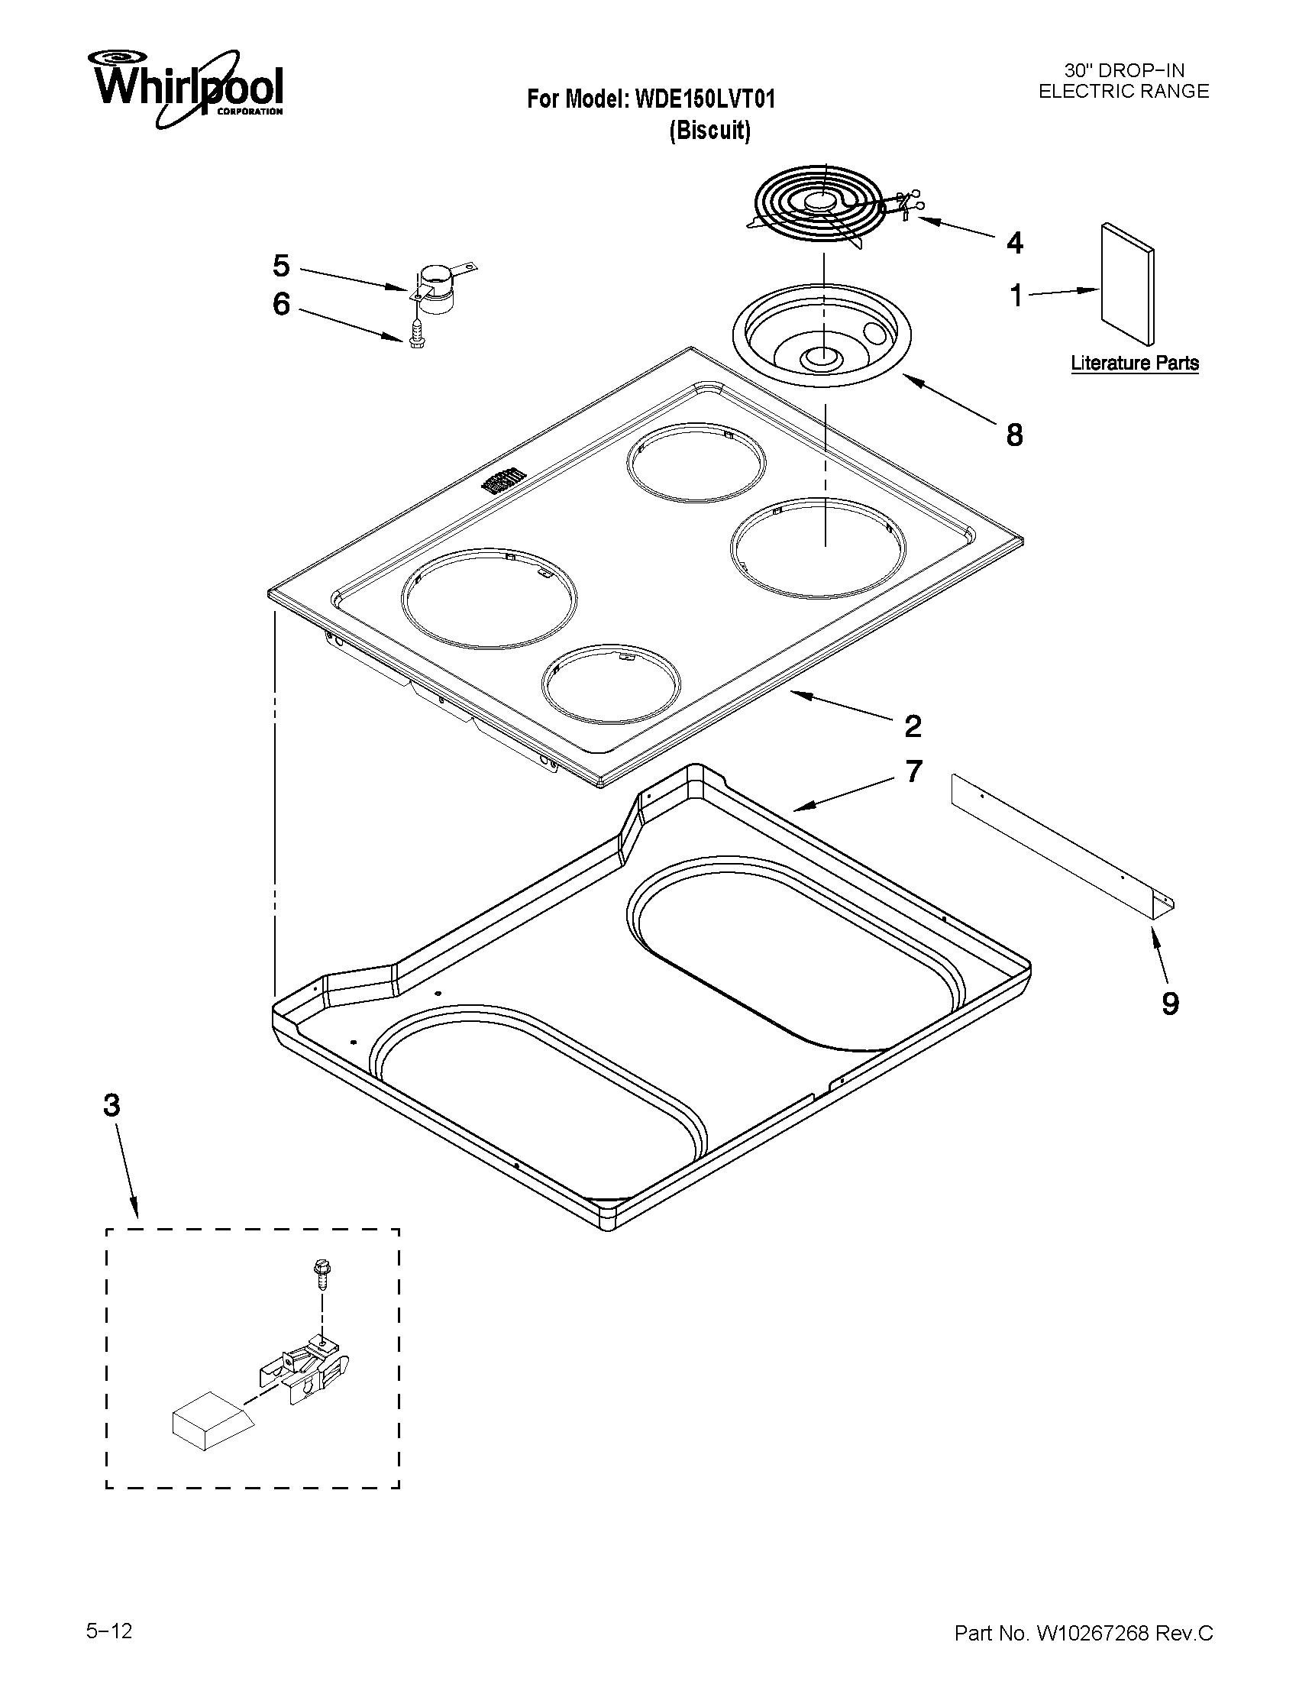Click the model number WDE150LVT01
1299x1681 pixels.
point(704,99)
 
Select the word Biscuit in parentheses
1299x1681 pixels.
point(709,131)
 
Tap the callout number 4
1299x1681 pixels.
point(1015,243)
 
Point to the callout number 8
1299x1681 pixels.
point(1015,435)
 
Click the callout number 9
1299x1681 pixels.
point(1170,1004)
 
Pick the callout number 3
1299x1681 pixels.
point(111,1106)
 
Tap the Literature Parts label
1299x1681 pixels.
point(1134,363)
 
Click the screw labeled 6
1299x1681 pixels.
point(416,337)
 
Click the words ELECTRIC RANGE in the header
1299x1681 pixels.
point(1123,92)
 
